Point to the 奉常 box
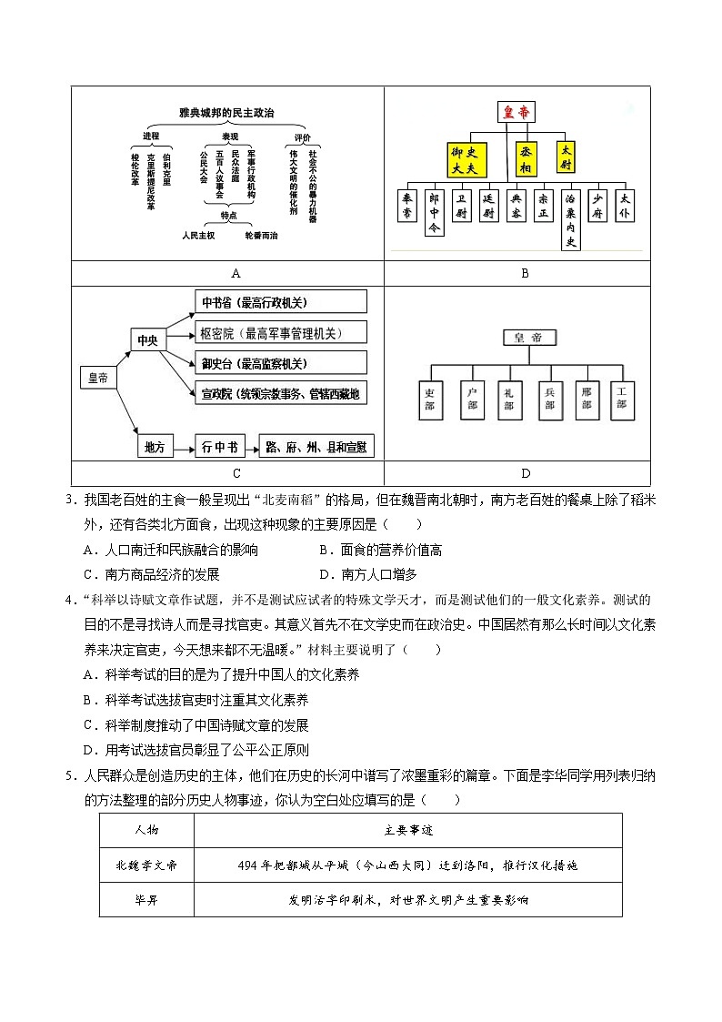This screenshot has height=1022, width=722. (x=409, y=206)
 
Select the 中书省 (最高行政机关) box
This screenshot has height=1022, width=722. (x=281, y=302)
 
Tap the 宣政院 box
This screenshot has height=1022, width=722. (x=281, y=393)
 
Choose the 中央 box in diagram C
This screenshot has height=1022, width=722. (x=147, y=340)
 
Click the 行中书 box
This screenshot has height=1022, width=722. (x=220, y=447)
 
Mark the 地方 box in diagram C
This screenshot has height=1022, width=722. (x=155, y=447)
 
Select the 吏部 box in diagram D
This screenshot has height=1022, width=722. (x=431, y=399)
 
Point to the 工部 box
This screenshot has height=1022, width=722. (x=622, y=399)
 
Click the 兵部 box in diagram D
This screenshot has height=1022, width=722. (x=550, y=399)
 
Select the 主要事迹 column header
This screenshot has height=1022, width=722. (x=408, y=830)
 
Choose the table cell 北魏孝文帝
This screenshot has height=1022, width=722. (x=146, y=865)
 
